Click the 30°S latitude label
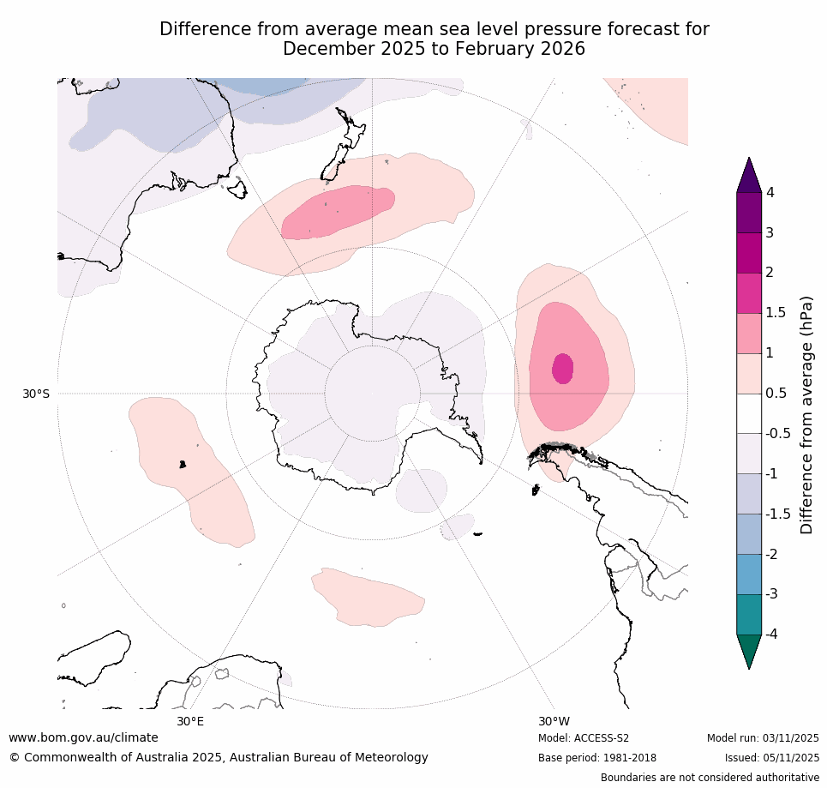pyautogui.click(x=35, y=394)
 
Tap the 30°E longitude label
pyautogui.click(x=190, y=721)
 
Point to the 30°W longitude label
pyautogui.click(x=554, y=721)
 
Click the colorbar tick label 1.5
pyautogui.click(x=776, y=313)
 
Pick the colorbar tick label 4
pyautogui.click(x=770, y=193)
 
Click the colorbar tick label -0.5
pyautogui.click(x=778, y=433)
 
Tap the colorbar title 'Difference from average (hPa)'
pyautogui.click(x=806, y=415)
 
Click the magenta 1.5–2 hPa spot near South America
pyautogui.click(x=562, y=369)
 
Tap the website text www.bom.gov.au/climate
pyautogui.click(x=83, y=737)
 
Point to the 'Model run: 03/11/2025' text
pyautogui.click(x=763, y=738)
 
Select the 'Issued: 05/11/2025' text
pyautogui.click(x=771, y=758)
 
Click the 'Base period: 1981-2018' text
pyautogui.click(x=596, y=758)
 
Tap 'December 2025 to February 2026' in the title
pyautogui.click(x=434, y=49)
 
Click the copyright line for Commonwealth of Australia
pyautogui.click(x=219, y=757)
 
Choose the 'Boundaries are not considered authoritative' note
pyautogui.click(x=710, y=778)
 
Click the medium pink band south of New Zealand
pyautogui.click(x=339, y=211)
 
